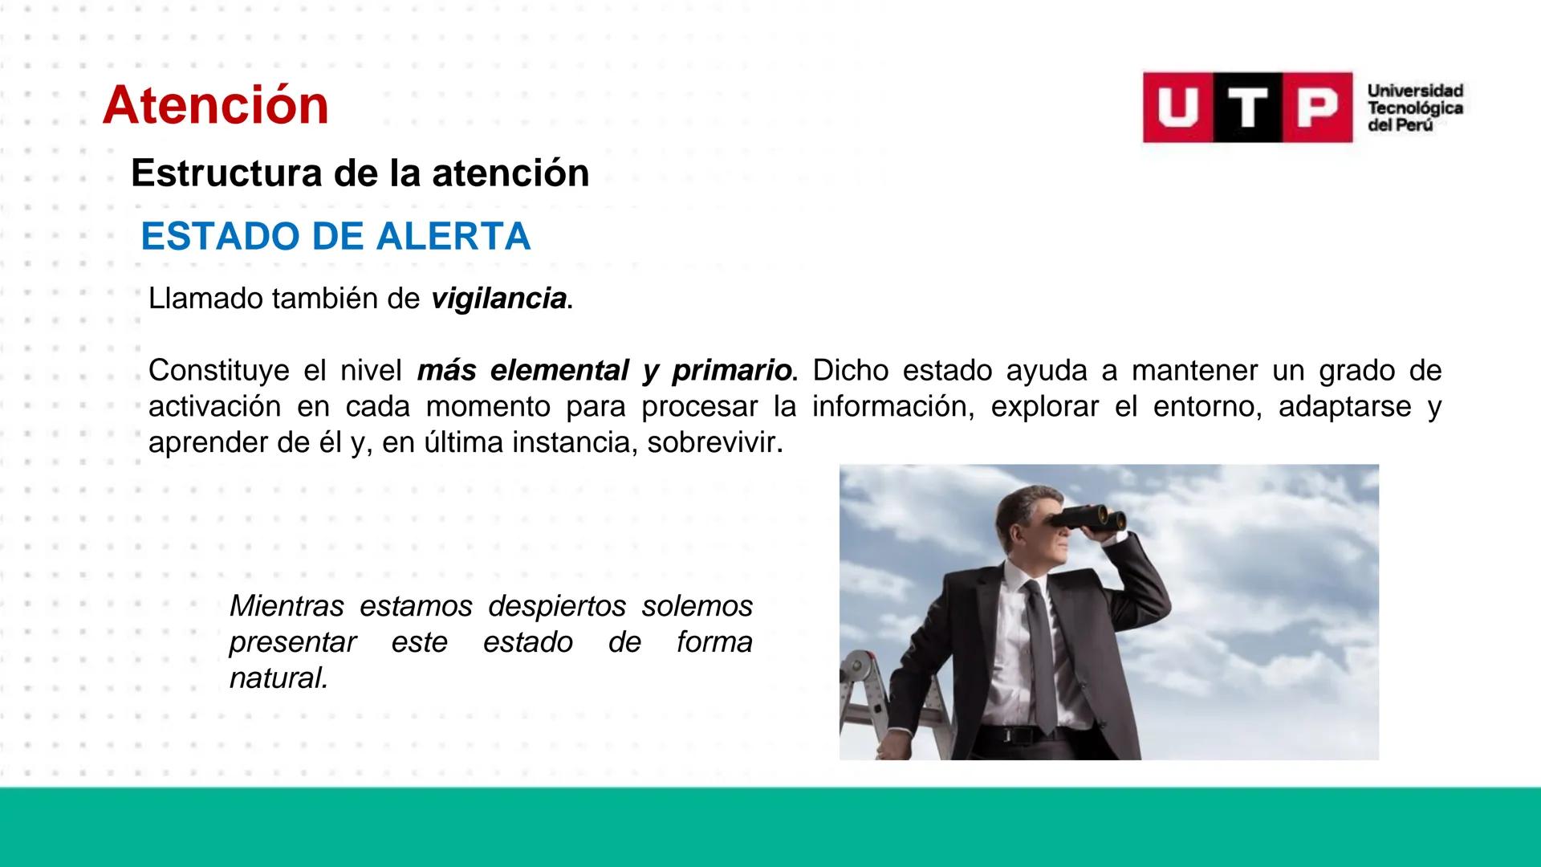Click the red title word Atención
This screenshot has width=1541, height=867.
pos(215,106)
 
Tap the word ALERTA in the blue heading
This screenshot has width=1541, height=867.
pos(453,237)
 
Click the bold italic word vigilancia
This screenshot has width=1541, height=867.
pos(498,299)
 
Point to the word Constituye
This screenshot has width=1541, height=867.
pos(218,371)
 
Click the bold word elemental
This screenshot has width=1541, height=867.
pos(559,371)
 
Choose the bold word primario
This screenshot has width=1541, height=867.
pos(731,371)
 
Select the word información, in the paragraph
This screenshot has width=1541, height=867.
pos(892,407)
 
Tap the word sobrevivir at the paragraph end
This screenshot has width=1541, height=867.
pos(711,443)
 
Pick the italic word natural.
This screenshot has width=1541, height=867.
pos(278,679)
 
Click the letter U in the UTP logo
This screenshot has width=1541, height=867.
pos(1177,108)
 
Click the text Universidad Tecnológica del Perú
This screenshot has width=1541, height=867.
pos(1415,108)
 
